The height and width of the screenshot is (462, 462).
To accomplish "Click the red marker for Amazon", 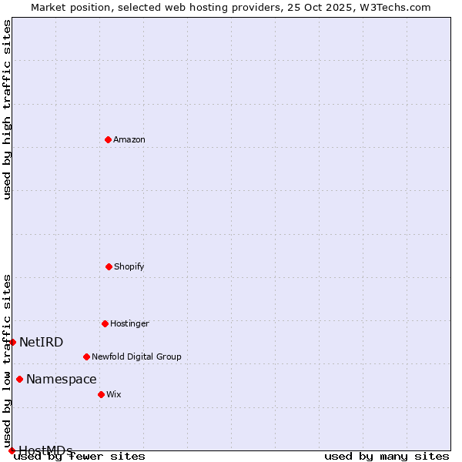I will (108, 139).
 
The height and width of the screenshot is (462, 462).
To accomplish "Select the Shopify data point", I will (109, 266).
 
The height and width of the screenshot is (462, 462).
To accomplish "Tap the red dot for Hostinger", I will (105, 323).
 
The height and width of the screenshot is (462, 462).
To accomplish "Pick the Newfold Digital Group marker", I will (86, 357).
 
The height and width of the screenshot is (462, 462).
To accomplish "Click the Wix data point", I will (101, 394).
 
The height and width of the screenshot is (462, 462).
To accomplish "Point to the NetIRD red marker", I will (12, 342).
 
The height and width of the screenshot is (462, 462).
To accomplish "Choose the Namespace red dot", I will (19, 379).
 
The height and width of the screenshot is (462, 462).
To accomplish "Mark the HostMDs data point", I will (12, 450).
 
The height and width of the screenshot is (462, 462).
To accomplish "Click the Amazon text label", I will (129, 139).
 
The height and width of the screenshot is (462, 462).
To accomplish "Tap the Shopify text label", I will (129, 266).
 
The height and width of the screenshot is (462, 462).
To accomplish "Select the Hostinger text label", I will (129, 323).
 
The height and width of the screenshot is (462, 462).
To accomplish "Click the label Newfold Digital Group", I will (136, 357).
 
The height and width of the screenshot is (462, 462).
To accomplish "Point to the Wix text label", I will (114, 394).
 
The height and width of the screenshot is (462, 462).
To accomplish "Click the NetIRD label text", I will (42, 342).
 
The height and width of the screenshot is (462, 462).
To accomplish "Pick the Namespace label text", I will (62, 379).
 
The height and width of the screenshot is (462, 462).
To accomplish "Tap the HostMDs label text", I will (45, 450).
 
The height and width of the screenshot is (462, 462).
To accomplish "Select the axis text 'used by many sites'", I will (387, 456).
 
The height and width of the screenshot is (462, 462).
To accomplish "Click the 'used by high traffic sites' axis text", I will (7, 109).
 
